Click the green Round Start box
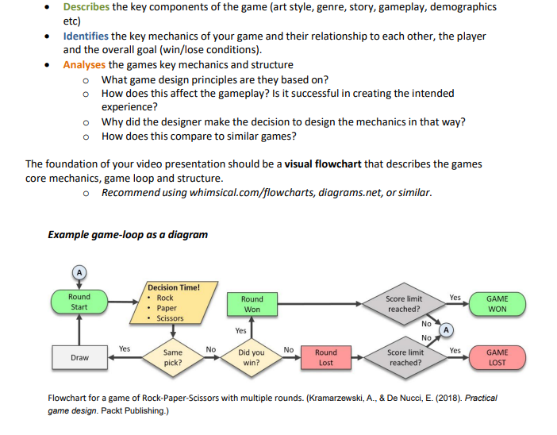point(79,302)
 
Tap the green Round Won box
point(252,304)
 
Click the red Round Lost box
point(325,357)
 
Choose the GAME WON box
point(497,303)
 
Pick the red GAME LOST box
point(497,357)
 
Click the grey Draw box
point(79,358)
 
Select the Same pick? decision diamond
point(171,357)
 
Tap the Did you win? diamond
point(252,357)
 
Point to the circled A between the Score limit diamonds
point(447,329)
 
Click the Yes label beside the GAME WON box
point(455,298)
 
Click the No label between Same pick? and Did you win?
point(210,348)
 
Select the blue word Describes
point(86,6)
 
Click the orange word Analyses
point(85,64)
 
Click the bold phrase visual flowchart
point(323,164)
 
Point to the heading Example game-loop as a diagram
point(128,234)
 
